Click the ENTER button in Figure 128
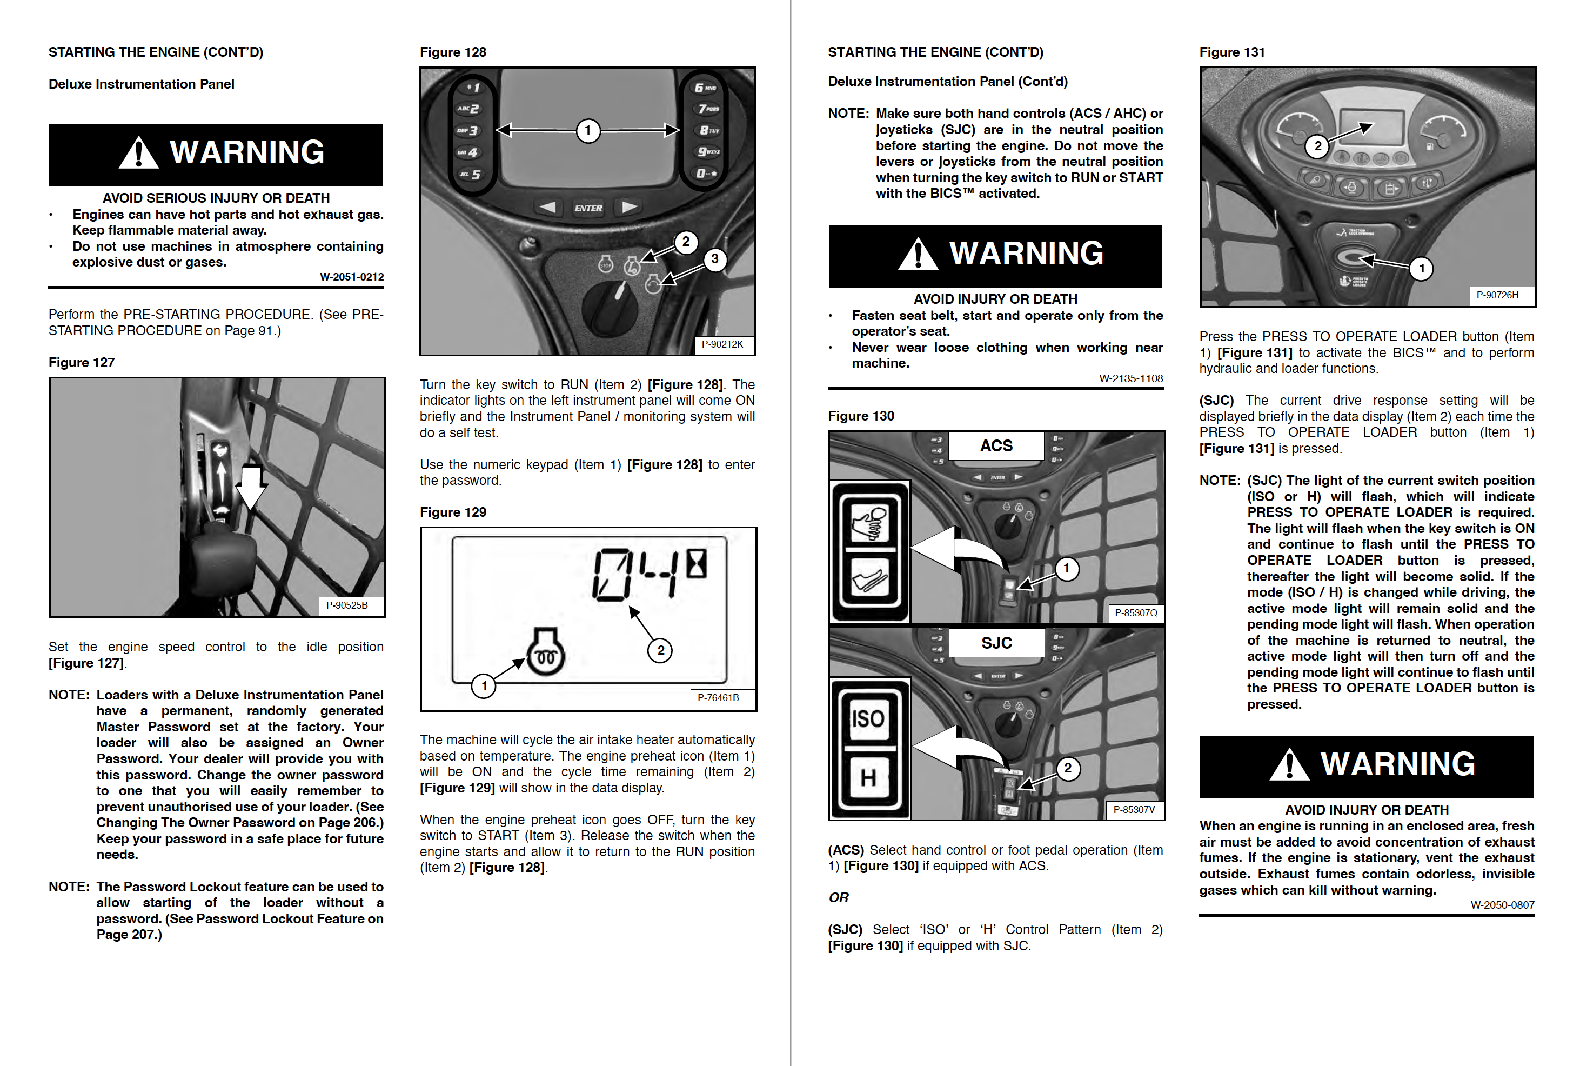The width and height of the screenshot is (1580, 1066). [x=587, y=208]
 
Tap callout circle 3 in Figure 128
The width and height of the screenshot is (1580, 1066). [x=714, y=259]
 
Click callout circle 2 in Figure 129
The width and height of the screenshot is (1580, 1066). [x=660, y=651]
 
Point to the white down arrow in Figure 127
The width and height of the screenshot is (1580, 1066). [x=251, y=487]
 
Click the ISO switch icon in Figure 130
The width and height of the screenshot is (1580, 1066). [x=868, y=718]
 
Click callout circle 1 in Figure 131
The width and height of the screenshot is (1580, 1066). [x=1421, y=269]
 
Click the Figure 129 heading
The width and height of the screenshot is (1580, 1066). [x=453, y=512]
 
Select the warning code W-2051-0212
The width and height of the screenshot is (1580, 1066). [x=351, y=277]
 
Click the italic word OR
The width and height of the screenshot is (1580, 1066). [x=838, y=897]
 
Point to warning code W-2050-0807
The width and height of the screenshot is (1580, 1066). [x=1502, y=905]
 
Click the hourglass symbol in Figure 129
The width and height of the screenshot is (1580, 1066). [x=697, y=564]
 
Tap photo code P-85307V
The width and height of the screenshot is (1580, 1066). [x=1134, y=810]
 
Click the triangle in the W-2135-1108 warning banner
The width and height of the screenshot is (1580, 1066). [x=918, y=255]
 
